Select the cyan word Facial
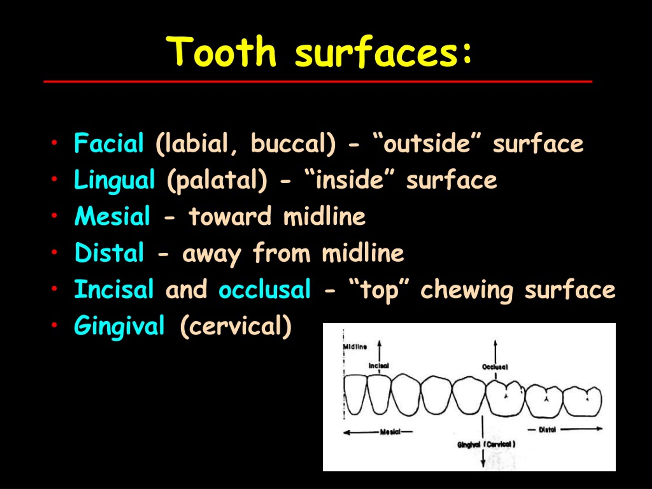coord(109,143)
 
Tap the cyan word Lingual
coord(114,180)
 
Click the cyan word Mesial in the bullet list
coord(112,216)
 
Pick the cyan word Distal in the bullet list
coord(109,253)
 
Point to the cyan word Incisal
coord(114,289)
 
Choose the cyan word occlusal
coord(264,289)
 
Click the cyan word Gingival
coord(119,326)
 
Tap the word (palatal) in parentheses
coord(217,180)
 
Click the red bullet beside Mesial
coord(54,215)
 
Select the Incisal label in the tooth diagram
coord(379,366)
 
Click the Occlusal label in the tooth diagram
coord(495,367)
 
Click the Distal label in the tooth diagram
coord(547,430)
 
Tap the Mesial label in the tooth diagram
coord(390,432)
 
